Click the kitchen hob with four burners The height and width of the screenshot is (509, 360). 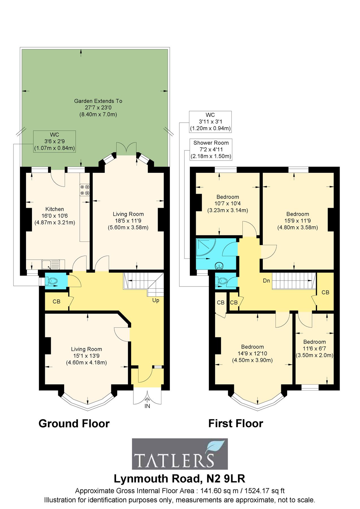click(x=85, y=190)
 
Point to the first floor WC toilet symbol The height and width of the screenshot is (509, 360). click(x=222, y=281)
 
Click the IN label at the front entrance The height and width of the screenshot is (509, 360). click(x=147, y=406)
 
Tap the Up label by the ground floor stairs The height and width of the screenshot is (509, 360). click(x=156, y=300)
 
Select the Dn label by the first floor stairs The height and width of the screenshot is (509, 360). click(x=266, y=281)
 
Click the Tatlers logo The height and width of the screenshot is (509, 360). click(x=180, y=454)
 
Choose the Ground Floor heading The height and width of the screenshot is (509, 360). click(x=74, y=424)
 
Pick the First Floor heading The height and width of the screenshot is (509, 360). click(x=235, y=424)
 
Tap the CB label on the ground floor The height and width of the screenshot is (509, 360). click(x=57, y=301)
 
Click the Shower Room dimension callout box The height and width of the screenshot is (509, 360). click(x=211, y=149)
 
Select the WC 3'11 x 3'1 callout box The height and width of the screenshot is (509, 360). click(x=210, y=122)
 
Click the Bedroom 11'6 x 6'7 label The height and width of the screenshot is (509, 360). click(x=314, y=348)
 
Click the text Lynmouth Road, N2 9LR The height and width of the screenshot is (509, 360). click(x=179, y=479)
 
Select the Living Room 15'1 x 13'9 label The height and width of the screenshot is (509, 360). click(x=86, y=356)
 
